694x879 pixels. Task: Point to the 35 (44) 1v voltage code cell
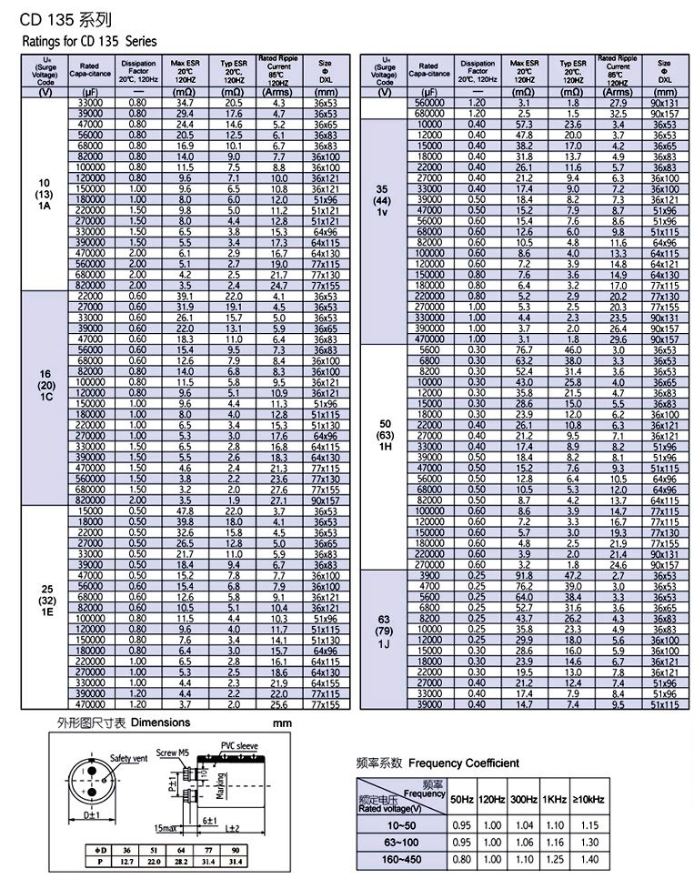(382, 199)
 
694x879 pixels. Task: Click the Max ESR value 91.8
(524, 576)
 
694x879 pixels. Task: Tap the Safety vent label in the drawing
(128, 757)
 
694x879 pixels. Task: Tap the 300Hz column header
(524, 799)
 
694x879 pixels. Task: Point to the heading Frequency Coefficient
(465, 763)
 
